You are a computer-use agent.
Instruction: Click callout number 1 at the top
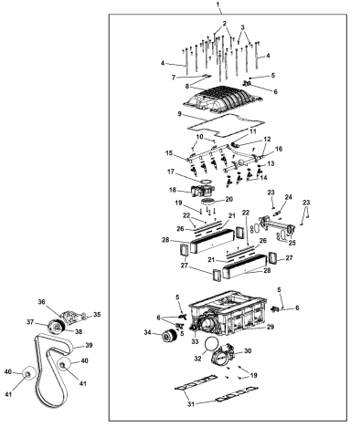click(x=218, y=5)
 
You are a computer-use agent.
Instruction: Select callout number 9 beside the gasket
click(x=179, y=114)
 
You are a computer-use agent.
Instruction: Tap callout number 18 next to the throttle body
click(x=173, y=190)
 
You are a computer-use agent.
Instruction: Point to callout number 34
click(x=148, y=333)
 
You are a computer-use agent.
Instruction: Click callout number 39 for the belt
click(x=89, y=345)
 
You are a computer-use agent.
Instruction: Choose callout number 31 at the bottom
click(x=191, y=404)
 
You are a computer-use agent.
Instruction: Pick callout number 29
click(x=271, y=327)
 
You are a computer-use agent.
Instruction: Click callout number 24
click(x=288, y=197)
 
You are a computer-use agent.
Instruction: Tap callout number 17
click(x=171, y=172)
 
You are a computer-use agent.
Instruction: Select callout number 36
click(x=41, y=302)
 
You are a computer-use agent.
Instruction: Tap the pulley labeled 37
click(x=56, y=327)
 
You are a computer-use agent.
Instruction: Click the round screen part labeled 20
click(x=208, y=201)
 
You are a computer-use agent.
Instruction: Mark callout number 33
click(x=195, y=342)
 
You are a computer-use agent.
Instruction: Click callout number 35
click(x=97, y=315)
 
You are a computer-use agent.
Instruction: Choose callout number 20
click(x=229, y=199)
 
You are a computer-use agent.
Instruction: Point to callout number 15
click(x=169, y=152)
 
